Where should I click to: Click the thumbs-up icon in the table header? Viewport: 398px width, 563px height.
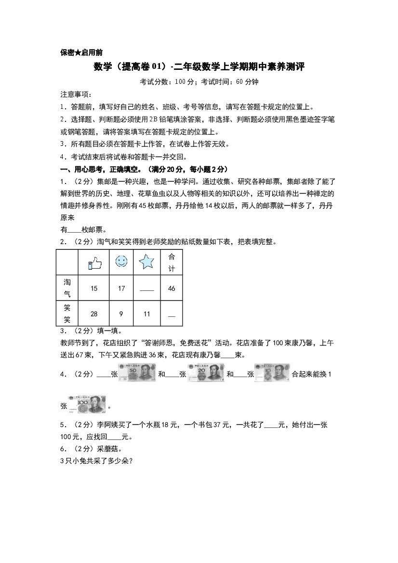coord(94,262)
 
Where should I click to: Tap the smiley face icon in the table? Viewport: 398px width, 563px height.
coord(121,262)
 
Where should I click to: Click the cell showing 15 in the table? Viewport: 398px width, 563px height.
coord(94,288)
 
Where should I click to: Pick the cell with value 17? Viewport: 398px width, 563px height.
coord(121,288)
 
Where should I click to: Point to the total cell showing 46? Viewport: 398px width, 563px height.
coord(172,288)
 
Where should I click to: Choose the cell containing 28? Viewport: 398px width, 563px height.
coord(94,314)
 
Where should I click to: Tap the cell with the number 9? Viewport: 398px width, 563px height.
coord(121,314)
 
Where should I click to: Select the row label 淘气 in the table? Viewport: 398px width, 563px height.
coord(67,288)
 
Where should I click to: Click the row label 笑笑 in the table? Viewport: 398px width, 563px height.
coord(67,314)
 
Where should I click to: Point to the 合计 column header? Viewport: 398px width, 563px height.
coord(172,263)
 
